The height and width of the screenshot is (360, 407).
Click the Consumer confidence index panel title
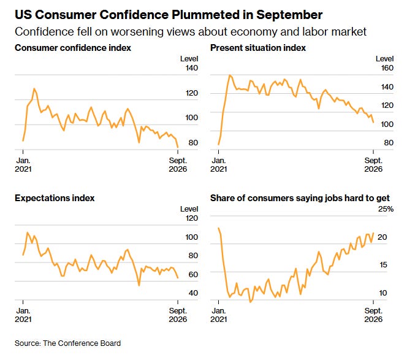[x=73, y=48]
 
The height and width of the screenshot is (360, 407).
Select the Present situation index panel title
[x=258, y=48]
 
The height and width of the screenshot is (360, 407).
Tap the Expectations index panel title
[x=55, y=198]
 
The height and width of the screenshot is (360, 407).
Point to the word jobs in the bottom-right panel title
[x=332, y=199]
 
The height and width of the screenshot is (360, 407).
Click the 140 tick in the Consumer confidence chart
[x=192, y=68]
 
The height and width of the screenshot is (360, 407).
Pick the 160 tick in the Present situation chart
[x=387, y=68]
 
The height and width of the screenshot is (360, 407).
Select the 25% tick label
[x=386, y=209]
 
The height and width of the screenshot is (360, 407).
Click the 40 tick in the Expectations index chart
[x=193, y=293]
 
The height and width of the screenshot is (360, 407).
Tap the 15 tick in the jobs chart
[x=383, y=265]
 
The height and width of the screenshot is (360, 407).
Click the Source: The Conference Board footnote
[x=68, y=343]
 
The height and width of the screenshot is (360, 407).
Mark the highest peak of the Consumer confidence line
[x=34, y=88]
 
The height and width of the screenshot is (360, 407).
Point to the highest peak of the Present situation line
[x=229, y=75]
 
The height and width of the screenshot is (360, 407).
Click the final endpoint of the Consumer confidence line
[x=178, y=148]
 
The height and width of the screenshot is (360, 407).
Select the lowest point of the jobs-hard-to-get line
[x=250, y=302]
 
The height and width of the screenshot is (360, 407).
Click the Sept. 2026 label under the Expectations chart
[x=178, y=315]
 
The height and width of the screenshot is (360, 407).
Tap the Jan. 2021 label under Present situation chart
[x=219, y=165]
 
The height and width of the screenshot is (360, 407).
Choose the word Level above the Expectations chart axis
[x=189, y=209]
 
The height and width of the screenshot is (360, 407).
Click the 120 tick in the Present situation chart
[x=387, y=105]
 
